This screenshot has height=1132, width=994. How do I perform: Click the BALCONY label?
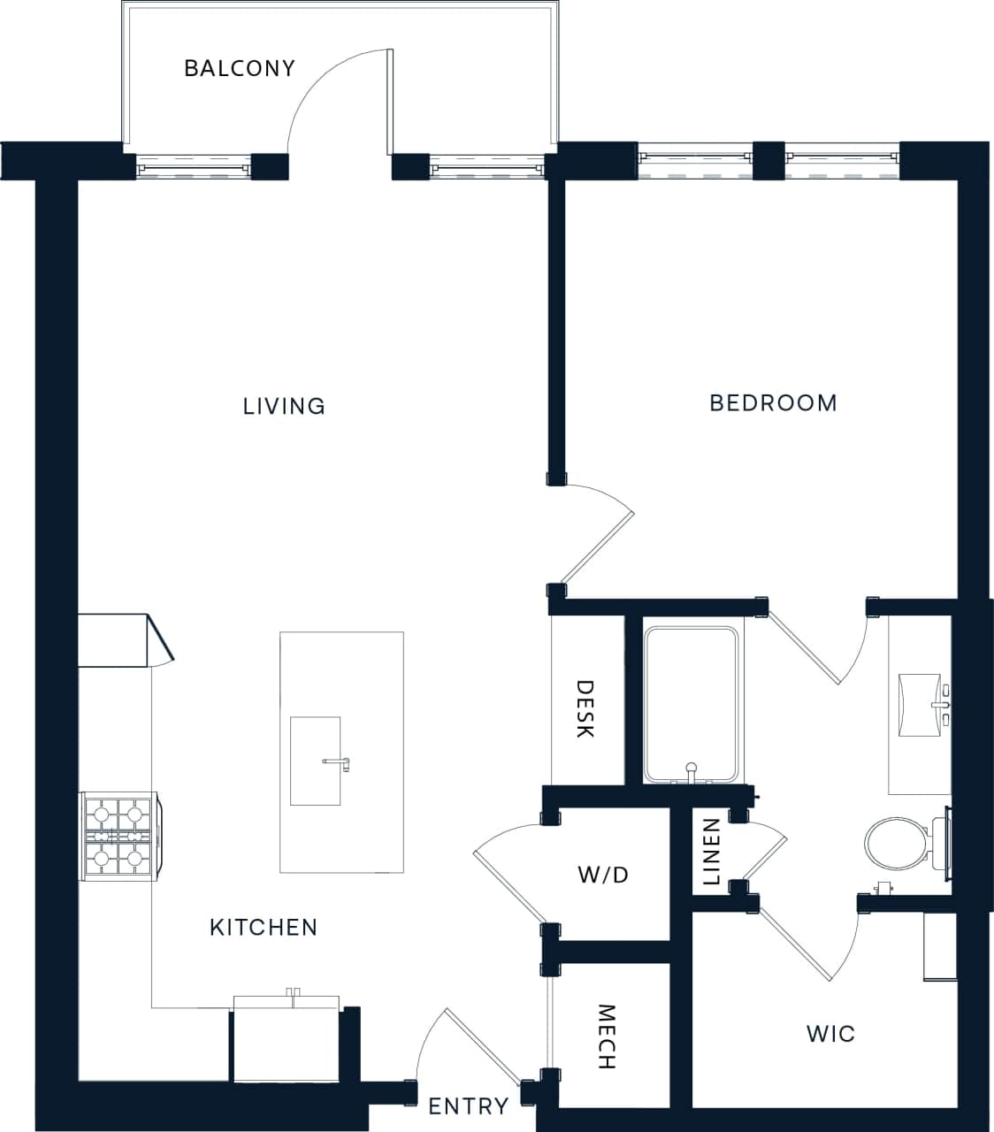click(239, 68)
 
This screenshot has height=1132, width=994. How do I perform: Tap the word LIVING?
click(284, 406)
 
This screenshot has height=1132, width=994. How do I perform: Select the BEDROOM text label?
click(773, 403)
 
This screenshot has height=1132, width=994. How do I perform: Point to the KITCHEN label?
click(264, 927)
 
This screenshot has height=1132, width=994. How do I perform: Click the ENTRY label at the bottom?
click(468, 1106)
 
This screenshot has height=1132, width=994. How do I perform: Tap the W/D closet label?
click(603, 875)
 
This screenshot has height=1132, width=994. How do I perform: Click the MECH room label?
click(606, 1036)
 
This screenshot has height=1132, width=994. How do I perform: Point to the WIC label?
click(830, 1033)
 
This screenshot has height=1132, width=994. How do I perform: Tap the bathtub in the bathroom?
click(691, 704)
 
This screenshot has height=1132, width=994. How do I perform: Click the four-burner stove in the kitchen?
click(117, 836)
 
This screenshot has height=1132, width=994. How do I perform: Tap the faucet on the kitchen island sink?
click(338, 762)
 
